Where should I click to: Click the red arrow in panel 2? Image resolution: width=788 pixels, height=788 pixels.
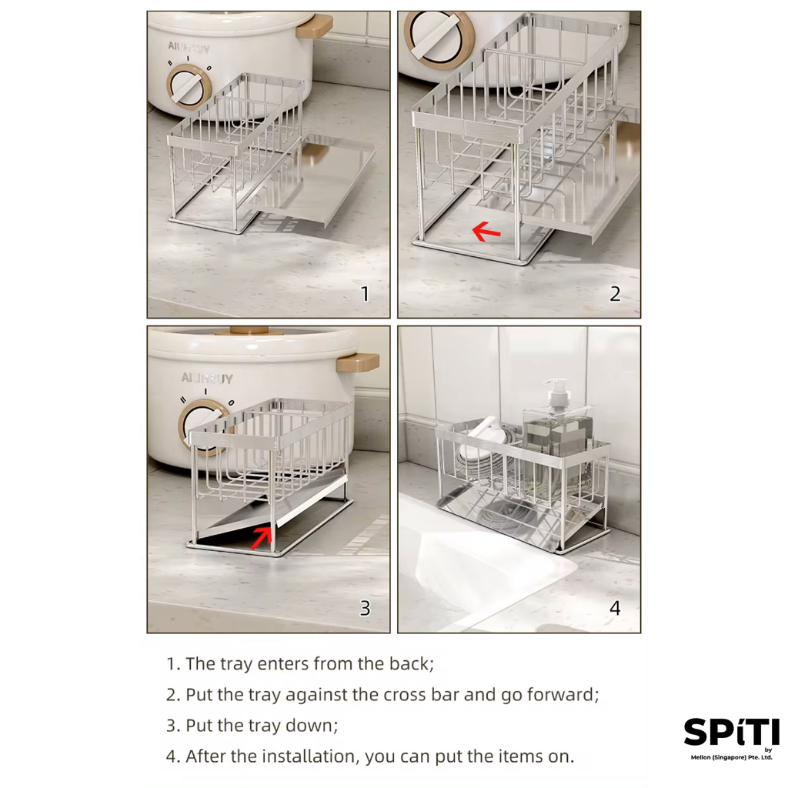pyautogui.click(x=486, y=232)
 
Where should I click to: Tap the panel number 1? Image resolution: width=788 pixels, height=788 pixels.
pyautogui.click(x=366, y=294)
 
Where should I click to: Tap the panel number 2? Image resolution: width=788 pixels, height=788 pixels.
pyautogui.click(x=615, y=294)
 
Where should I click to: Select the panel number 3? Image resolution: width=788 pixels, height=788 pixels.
pyautogui.click(x=366, y=609)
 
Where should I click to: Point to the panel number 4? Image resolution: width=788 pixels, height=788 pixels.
pyautogui.click(x=615, y=609)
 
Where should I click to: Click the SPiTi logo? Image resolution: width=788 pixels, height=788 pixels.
pyautogui.click(x=731, y=732)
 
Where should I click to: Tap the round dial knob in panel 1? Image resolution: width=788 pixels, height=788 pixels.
pyautogui.click(x=189, y=87)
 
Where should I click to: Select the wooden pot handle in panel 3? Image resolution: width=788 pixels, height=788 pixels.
pyautogui.click(x=358, y=362)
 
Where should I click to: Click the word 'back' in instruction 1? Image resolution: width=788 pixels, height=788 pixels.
pyautogui.click(x=410, y=664)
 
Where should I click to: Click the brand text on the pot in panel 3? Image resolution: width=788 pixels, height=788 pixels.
pyautogui.click(x=207, y=379)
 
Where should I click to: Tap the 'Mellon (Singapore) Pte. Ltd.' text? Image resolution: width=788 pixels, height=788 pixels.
pyautogui.click(x=731, y=757)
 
